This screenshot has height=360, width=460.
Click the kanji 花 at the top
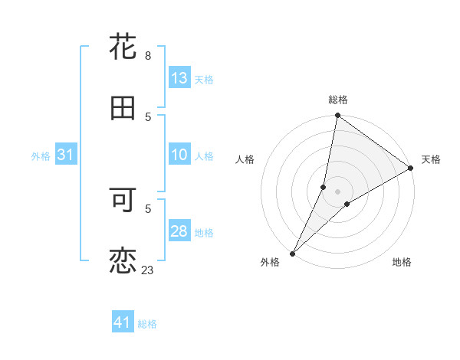(x=123, y=47)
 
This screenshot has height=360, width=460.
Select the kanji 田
(x=123, y=108)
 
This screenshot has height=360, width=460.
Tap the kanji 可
(x=123, y=200)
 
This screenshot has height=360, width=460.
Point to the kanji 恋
(x=123, y=261)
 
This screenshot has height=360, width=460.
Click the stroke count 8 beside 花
(x=147, y=56)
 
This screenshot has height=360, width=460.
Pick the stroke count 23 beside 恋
(x=148, y=270)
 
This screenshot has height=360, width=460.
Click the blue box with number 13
(x=179, y=78)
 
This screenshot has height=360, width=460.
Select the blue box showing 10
(x=179, y=155)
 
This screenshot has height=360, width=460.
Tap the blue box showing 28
(x=179, y=231)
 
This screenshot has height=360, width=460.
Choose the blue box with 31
(x=65, y=155)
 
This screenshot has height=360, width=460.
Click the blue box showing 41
(x=123, y=323)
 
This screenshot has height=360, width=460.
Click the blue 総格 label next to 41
(x=147, y=324)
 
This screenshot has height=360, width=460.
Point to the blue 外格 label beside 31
(x=41, y=155)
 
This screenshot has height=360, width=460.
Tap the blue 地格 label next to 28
(x=204, y=232)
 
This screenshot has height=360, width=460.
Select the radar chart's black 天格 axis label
(x=431, y=159)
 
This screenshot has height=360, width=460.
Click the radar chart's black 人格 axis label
(x=245, y=159)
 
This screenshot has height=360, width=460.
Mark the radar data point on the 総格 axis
(x=337, y=116)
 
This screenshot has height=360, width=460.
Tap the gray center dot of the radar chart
(x=337, y=191)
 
